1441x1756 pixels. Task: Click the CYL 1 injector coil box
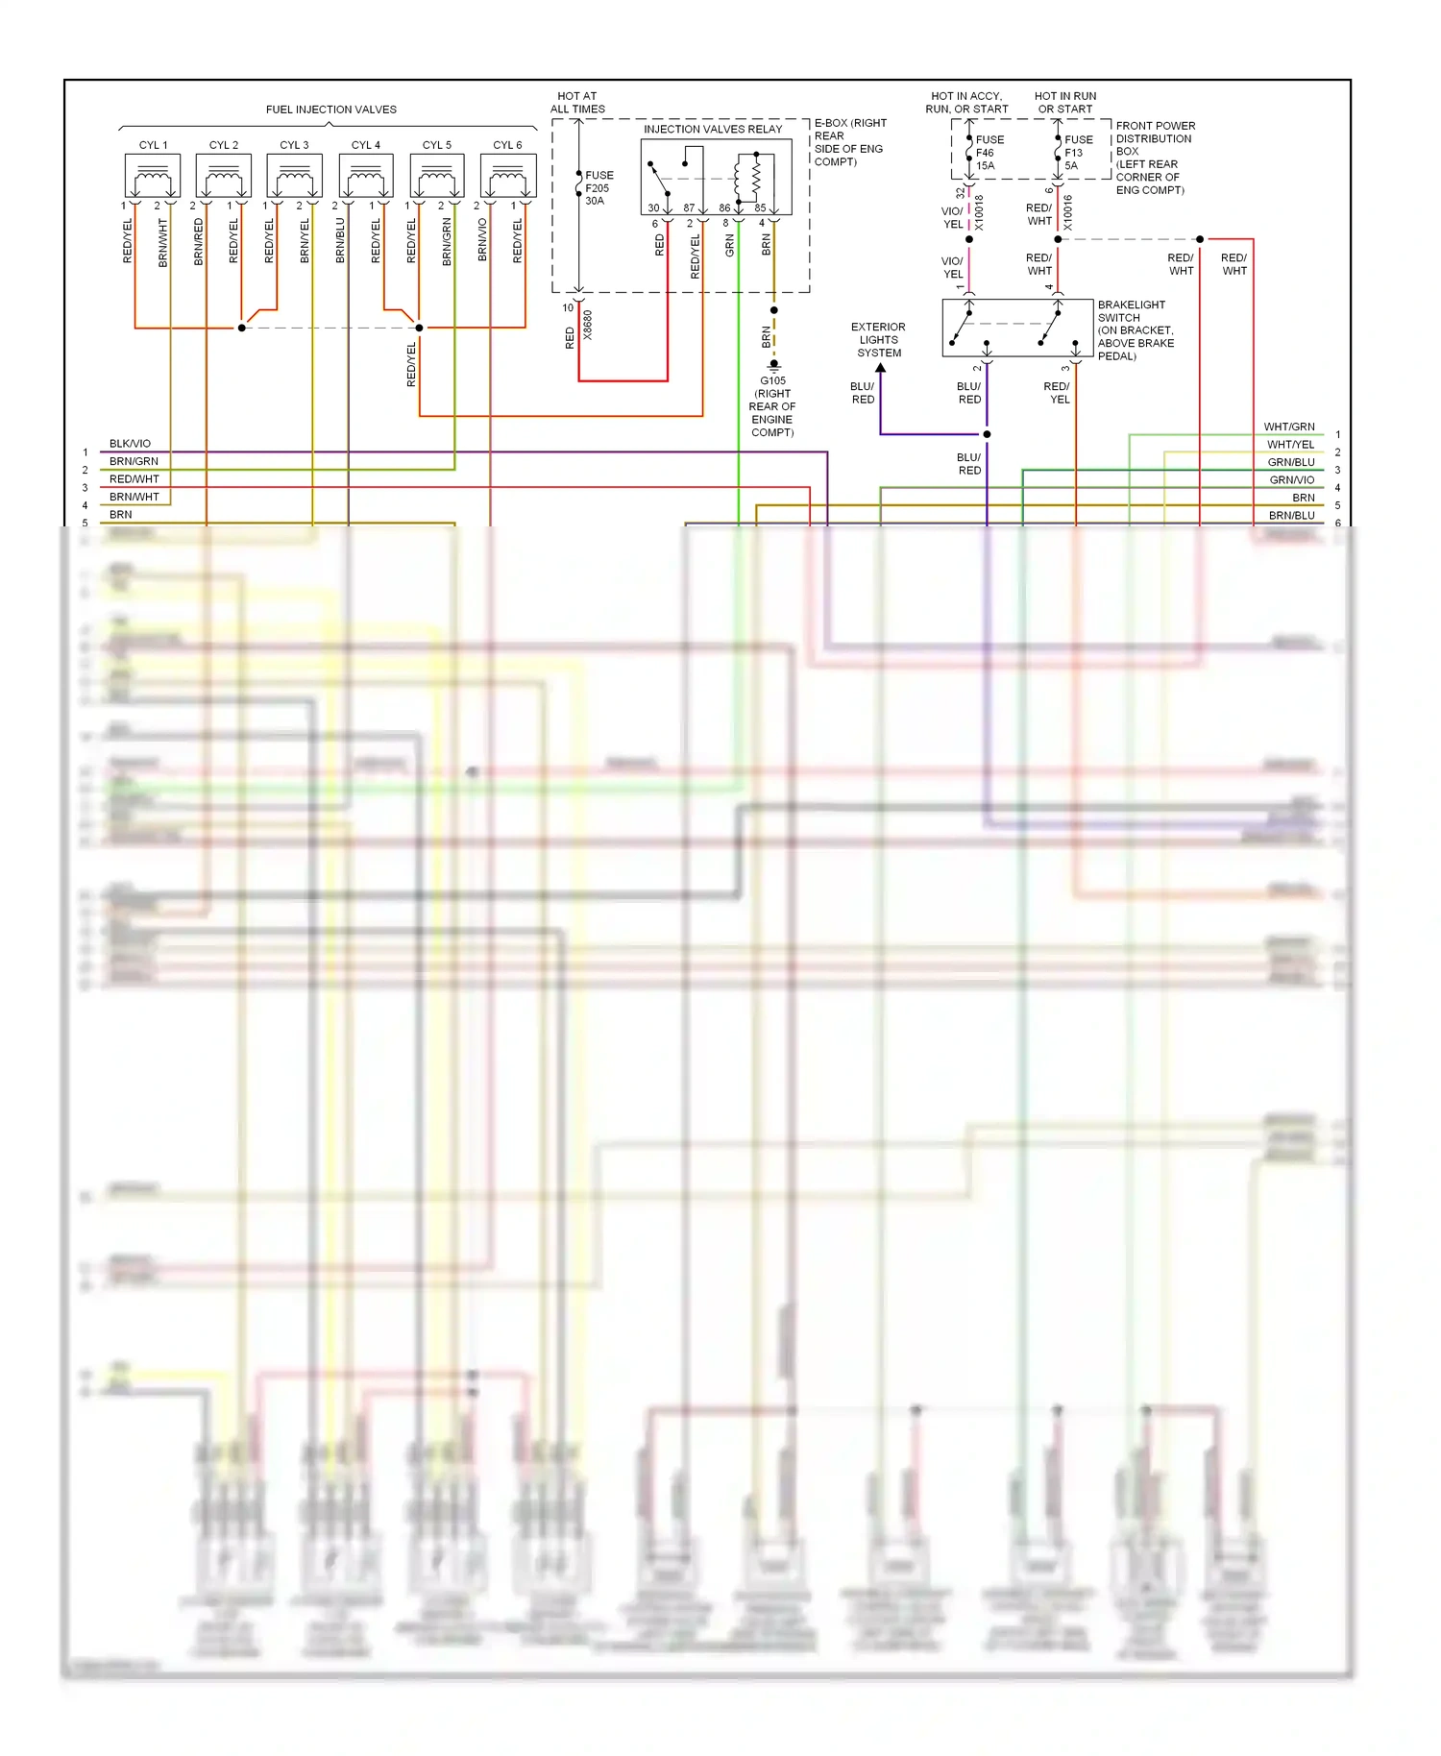pyautogui.click(x=153, y=177)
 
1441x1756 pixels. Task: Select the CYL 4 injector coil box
pyautogui.click(x=366, y=177)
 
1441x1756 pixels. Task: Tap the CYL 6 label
pyautogui.click(x=507, y=145)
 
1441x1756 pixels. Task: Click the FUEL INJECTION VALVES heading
pyautogui.click(x=330, y=110)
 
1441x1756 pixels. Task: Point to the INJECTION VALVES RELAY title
pyautogui.click(x=713, y=129)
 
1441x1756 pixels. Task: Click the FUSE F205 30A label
pyautogui.click(x=598, y=188)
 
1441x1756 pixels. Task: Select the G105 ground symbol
pyautogui.click(x=773, y=366)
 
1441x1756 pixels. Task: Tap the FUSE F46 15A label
pyautogui.click(x=989, y=153)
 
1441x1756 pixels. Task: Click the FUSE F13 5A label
pyautogui.click(x=1077, y=153)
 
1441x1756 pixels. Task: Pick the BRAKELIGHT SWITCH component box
pyautogui.click(x=1017, y=328)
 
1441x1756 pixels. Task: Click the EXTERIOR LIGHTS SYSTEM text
pyautogui.click(x=879, y=340)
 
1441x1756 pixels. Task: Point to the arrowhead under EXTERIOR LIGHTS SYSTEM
pyautogui.click(x=880, y=368)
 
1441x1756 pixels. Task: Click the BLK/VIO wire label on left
pyautogui.click(x=130, y=444)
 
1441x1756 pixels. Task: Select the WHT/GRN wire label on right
pyautogui.click(x=1288, y=427)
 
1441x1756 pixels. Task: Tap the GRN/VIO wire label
pyautogui.click(x=1291, y=479)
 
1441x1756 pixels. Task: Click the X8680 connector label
pyautogui.click(x=588, y=325)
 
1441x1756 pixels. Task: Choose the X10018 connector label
pyautogui.click(x=980, y=212)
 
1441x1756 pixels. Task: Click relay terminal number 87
pyautogui.click(x=689, y=207)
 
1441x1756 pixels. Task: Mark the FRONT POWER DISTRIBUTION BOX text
pyautogui.click(x=1154, y=158)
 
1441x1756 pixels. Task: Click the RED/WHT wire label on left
pyautogui.click(x=134, y=479)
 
